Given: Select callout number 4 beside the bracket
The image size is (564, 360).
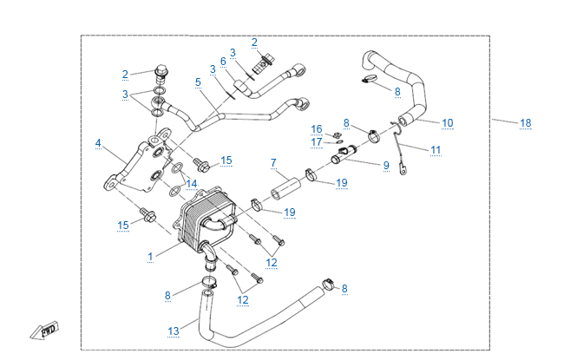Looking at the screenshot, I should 98,143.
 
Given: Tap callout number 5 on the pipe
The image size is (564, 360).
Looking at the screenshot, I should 198,82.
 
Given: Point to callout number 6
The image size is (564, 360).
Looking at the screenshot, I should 223,62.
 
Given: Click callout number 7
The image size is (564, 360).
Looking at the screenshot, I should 272,162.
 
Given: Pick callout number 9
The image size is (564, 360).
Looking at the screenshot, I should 386,164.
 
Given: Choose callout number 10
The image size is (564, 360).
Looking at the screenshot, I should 448,123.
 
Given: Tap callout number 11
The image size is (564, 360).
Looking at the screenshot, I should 436,149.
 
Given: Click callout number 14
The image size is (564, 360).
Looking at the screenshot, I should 192,184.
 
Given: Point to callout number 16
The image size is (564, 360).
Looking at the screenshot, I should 317,128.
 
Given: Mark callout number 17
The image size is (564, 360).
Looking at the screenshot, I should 317,142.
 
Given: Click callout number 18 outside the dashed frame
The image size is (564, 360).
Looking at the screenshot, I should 525,123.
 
